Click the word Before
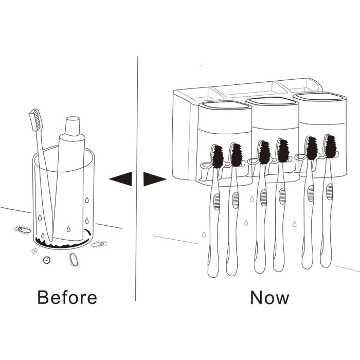pyautogui.click(x=67, y=297)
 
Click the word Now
pyautogui.click(x=269, y=297)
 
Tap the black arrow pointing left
pyautogui.click(x=121, y=178)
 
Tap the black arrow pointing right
pyautogui.click(x=154, y=179)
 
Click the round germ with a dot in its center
pyautogui.click(x=47, y=260)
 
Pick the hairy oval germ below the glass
pyautogui.click(x=75, y=260)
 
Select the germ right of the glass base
pyautogui.click(x=99, y=244)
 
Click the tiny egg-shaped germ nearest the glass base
pyautogui.click(x=34, y=251)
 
